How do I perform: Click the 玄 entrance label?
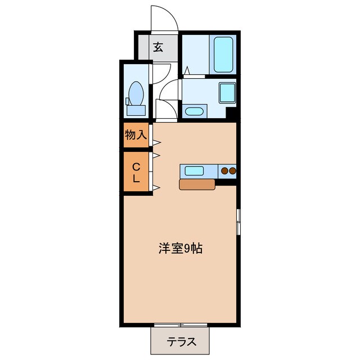click(x=158, y=47)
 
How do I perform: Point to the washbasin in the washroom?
click(x=193, y=111)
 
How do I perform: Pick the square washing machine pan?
click(x=227, y=93)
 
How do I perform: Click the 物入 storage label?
click(x=136, y=135)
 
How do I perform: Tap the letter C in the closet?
click(x=136, y=166)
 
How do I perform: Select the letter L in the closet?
click(x=136, y=179)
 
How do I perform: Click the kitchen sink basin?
click(x=195, y=170)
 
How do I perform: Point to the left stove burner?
click(x=224, y=170)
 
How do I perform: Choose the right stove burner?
click(x=232, y=170)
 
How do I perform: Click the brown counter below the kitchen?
click(x=197, y=184)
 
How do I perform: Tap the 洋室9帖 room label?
click(x=179, y=248)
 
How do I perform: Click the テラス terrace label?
click(x=181, y=340)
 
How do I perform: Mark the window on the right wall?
click(x=238, y=222)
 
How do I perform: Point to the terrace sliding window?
click(x=181, y=325)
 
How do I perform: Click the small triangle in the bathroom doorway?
click(x=186, y=71)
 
